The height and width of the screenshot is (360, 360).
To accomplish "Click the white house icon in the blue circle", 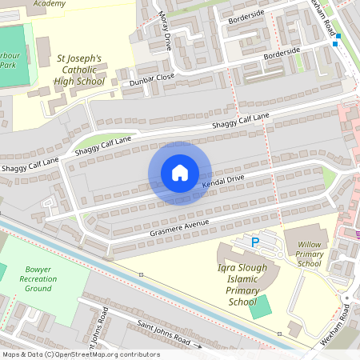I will (180, 173).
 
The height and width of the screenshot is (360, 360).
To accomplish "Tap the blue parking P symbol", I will (255, 242).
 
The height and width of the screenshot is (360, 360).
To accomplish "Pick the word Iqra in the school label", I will (228, 266).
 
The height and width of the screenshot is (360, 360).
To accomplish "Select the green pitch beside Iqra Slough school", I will (260, 307).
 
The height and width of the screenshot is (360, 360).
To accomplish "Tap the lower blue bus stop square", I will (335, 45).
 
